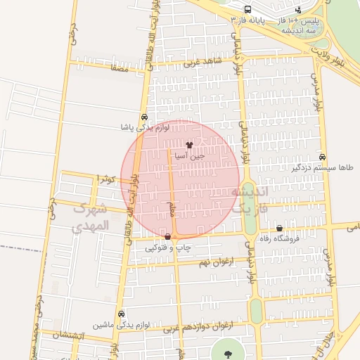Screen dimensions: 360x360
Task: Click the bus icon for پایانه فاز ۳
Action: (x=247, y=10)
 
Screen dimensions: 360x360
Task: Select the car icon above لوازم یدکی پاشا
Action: (x=144, y=117)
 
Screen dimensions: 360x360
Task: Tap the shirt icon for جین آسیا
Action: (x=189, y=144)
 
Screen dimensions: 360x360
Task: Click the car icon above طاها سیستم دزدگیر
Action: (x=323, y=157)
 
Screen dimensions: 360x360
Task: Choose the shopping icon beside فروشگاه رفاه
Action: (x=280, y=228)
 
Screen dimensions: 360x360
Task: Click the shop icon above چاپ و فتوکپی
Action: (x=167, y=237)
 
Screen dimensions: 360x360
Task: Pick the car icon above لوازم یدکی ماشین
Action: (x=122, y=314)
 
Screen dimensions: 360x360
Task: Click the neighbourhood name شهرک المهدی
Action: (x=91, y=217)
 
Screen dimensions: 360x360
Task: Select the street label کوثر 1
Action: (x=106, y=179)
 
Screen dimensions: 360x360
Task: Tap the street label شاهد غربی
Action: (x=202, y=63)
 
